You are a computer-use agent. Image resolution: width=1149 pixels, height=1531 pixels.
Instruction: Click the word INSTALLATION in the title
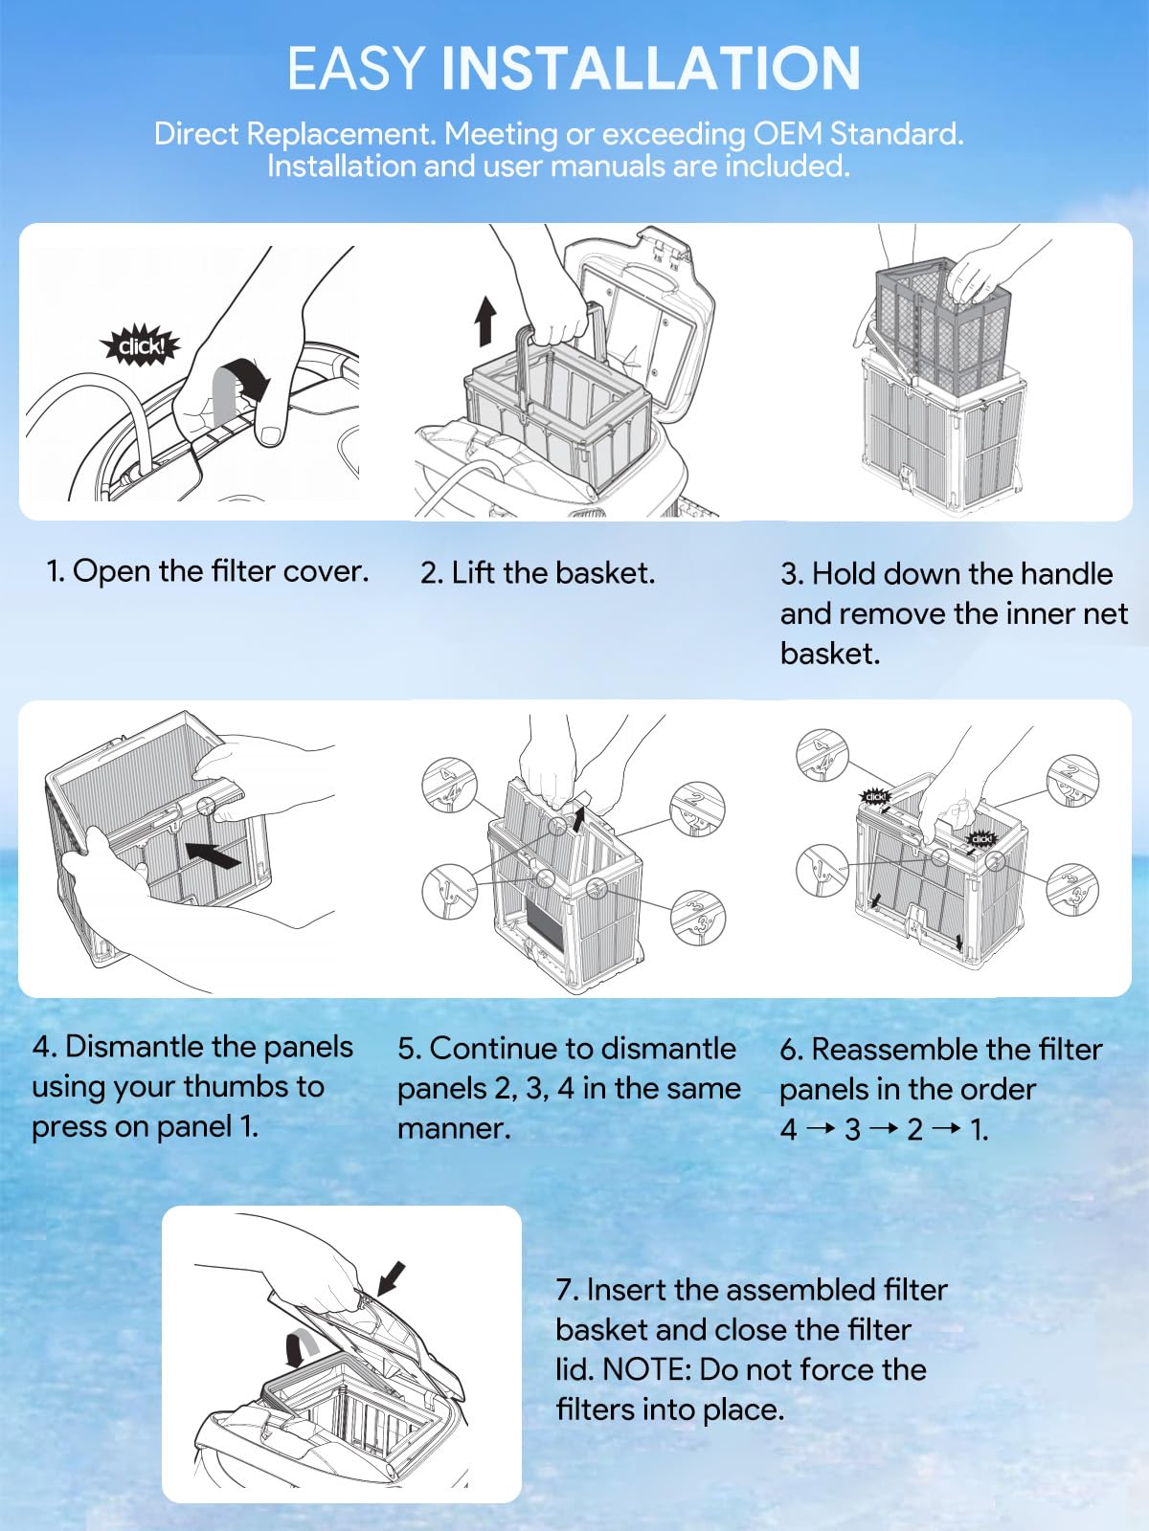pos(650,69)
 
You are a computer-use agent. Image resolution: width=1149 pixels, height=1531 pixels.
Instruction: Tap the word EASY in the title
pos(355,69)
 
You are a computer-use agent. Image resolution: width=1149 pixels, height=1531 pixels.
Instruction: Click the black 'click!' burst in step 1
pos(141,345)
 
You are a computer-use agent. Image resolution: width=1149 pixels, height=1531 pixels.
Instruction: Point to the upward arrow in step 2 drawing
pos(486,320)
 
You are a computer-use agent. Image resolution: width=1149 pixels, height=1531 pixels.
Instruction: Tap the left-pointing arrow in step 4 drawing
pos(213,854)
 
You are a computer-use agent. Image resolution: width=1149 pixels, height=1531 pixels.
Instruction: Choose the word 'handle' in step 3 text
pos(1067,573)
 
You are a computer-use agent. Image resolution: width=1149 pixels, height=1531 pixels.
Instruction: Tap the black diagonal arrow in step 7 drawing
pos(391,1278)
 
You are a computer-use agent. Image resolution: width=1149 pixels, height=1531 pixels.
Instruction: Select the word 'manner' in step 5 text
pos(450,1128)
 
